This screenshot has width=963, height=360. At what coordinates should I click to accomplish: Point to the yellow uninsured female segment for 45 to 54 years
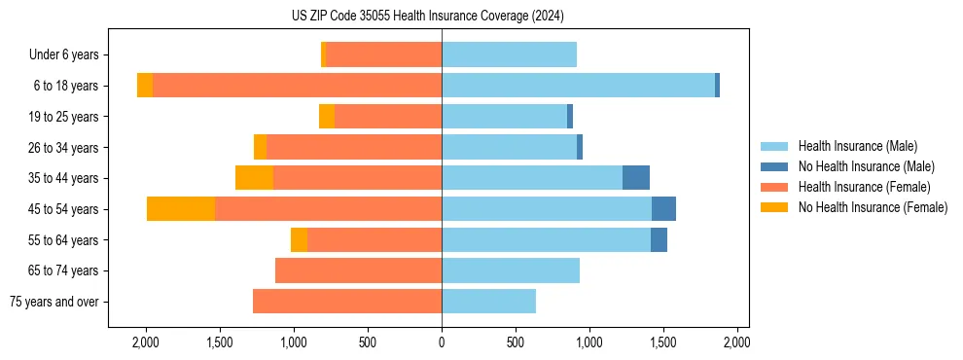181,209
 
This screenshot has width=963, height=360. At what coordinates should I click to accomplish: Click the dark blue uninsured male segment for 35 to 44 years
636,178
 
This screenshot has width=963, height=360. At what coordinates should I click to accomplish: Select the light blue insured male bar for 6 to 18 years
578,86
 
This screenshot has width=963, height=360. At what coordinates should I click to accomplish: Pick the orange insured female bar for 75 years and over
347,302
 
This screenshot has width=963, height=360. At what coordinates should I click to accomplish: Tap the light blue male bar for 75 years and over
488,302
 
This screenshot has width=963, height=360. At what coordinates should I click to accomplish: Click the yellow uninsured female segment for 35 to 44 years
255,178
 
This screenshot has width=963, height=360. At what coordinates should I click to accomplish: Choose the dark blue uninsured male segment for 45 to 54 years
663,209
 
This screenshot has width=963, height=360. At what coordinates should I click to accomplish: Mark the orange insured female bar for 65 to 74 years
358,270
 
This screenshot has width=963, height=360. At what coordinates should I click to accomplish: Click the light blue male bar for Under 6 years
509,55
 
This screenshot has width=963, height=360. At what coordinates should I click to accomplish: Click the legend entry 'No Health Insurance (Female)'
873,207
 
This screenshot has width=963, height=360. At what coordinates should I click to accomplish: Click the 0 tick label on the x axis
442,342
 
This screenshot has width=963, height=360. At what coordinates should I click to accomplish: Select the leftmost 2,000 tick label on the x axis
146,342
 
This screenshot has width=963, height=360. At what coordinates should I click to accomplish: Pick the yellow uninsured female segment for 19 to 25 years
327,117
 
